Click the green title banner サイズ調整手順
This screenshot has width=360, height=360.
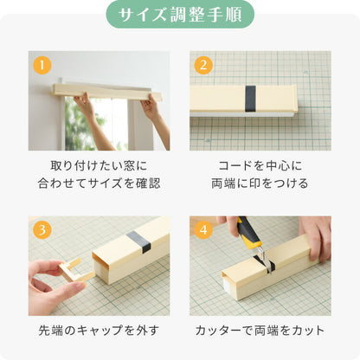[180, 15]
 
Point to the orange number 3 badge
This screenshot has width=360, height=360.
[40, 230]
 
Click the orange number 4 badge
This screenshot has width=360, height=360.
[202, 230]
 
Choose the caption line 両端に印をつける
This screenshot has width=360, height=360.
[260, 183]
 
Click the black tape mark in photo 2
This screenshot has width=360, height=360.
[250, 98]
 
